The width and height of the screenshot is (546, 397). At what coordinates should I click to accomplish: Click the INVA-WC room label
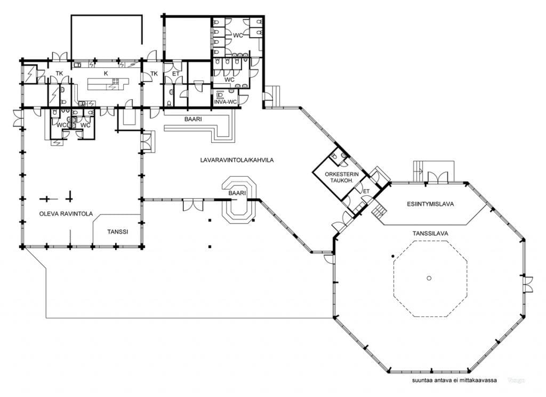[226, 101]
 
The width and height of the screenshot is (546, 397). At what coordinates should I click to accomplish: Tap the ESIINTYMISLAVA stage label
[430, 204]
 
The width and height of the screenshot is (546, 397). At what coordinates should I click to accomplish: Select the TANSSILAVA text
[430, 233]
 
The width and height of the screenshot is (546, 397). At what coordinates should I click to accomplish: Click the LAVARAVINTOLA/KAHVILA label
[237, 160]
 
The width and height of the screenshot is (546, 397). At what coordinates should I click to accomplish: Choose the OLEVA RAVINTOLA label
[66, 213]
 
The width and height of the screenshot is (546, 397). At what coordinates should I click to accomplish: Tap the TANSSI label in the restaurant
[117, 232]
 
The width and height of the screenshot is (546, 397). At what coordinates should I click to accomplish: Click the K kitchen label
[106, 73]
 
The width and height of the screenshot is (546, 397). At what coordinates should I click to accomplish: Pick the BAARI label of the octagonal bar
[237, 193]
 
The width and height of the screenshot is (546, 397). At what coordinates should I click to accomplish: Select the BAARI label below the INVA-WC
[193, 119]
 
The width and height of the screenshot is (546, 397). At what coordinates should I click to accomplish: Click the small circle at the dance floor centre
[429, 278]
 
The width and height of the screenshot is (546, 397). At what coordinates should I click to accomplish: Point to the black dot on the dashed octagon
[393, 257]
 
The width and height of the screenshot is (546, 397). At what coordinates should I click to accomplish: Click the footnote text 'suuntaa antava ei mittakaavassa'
[454, 380]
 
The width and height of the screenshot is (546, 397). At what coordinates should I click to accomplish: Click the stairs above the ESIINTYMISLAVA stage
[418, 171]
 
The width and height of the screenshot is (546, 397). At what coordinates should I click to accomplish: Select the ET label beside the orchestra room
[366, 192]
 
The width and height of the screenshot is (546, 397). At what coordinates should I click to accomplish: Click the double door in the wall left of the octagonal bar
[193, 204]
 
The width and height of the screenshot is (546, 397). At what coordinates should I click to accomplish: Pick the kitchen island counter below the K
[108, 84]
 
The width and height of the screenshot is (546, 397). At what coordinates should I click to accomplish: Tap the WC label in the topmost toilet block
[238, 35]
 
